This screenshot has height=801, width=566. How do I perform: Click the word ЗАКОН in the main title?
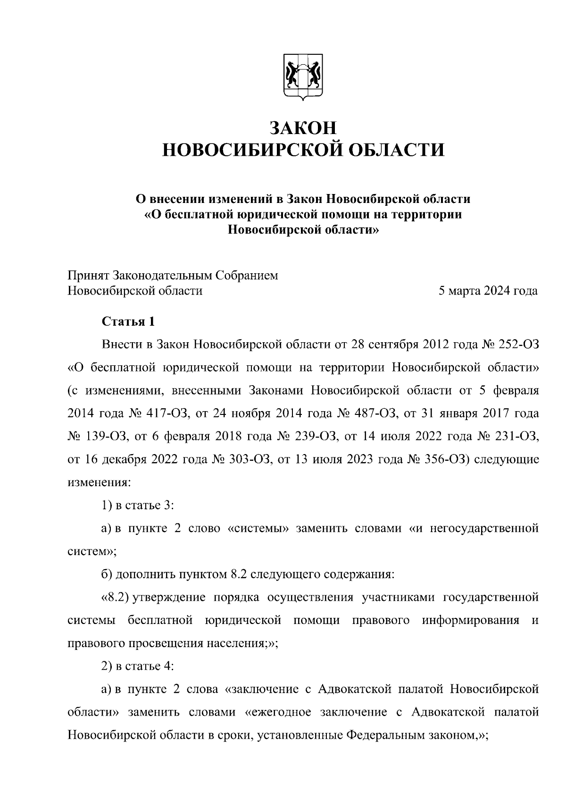tap(303, 128)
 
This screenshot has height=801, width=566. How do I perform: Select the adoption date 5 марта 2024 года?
tap(488, 291)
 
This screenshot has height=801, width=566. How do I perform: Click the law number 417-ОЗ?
tap(163, 413)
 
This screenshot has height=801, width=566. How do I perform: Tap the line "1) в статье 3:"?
tap(139, 506)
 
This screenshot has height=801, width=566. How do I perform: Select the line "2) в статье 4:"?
tap(139, 666)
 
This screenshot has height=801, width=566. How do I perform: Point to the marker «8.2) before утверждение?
tap(115, 598)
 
